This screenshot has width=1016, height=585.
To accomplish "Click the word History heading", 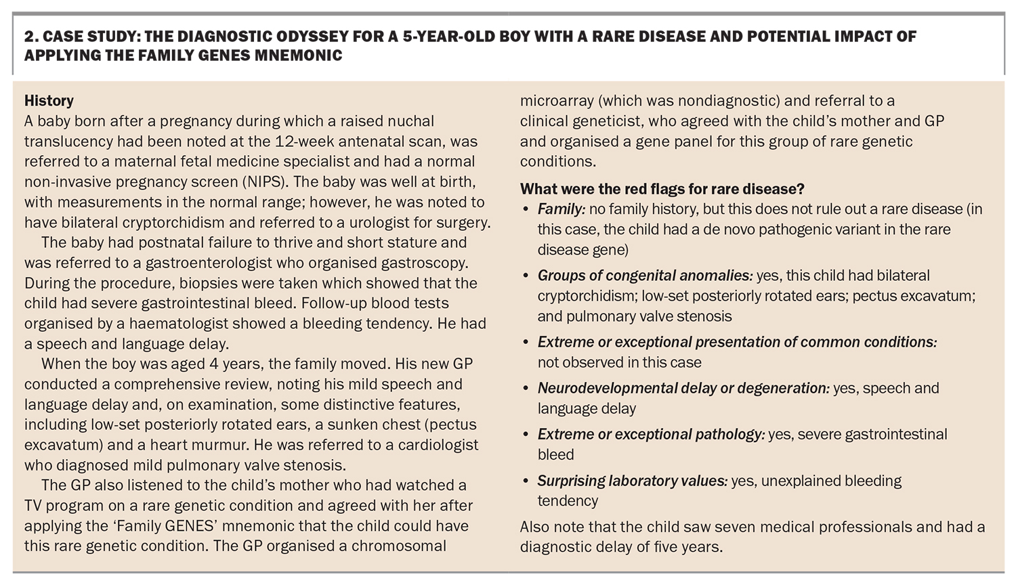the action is pos(49,101).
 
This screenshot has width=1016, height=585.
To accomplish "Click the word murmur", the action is pos(219,445).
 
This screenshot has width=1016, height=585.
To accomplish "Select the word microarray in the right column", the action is pos(557,101).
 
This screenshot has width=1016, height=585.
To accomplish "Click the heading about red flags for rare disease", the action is pos(662,189).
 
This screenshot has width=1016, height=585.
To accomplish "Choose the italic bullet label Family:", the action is pos(562,209).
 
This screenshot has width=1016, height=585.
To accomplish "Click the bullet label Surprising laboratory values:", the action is pos(633,481).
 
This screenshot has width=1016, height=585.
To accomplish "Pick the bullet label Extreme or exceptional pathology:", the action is pos(652,435).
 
